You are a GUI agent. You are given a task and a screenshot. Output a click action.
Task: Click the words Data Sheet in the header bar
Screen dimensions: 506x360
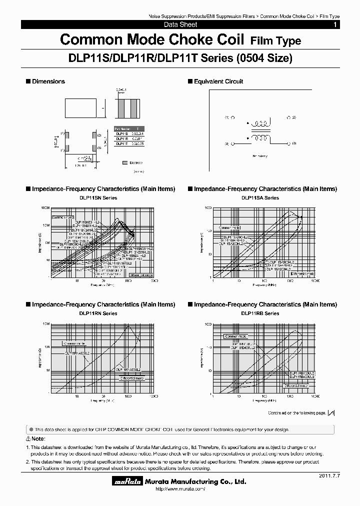pyautogui.click(x=180, y=24)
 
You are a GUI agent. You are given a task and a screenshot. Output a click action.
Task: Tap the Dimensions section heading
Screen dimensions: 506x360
pyautogui.click(x=48, y=81)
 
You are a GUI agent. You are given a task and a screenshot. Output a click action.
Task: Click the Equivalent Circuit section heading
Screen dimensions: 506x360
pyautogui.click(x=218, y=81)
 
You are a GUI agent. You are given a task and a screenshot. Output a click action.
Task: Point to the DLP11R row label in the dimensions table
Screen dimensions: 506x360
pyautogui.click(x=121, y=138)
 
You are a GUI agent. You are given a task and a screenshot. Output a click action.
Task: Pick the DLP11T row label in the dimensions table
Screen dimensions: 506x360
pyautogui.click(x=121, y=143)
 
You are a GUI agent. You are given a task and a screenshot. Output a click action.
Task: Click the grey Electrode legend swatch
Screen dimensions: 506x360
pyautogui.click(x=124, y=162)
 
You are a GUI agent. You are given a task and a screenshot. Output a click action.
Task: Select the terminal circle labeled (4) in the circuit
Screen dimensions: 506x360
pyautogui.click(x=232, y=143)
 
